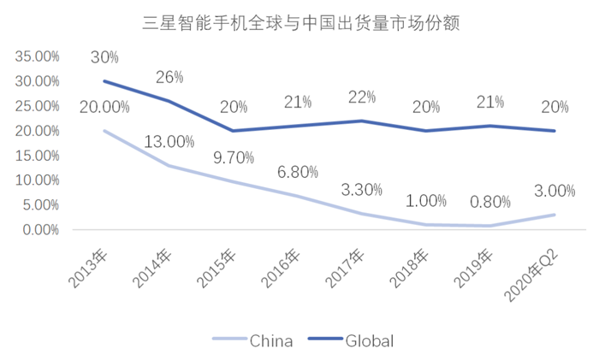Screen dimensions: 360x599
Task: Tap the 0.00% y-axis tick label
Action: [x=40, y=229]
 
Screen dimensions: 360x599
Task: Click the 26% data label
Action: [x=169, y=77]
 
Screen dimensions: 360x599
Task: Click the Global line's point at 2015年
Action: [x=234, y=131]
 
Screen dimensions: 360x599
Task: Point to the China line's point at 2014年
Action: [x=169, y=165]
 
